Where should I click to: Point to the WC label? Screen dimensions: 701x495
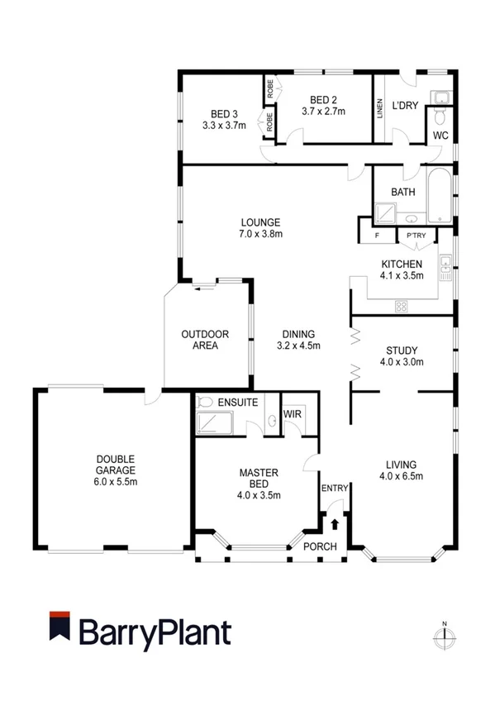pos(440,136)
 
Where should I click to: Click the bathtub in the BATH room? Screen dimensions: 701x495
pos(440,195)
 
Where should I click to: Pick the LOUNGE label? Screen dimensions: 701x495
pos(260,222)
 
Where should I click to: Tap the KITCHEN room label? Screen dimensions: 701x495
pos(402,264)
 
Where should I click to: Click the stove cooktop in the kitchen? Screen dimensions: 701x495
pos(402,307)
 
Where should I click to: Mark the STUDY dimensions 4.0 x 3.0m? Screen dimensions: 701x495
pos(402,361)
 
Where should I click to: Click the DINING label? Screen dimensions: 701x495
pos(298,335)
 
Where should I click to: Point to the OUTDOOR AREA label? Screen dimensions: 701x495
pos(205,340)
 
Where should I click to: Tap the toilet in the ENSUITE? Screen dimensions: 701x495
pos(206,402)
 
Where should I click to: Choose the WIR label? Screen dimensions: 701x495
pos(292,411)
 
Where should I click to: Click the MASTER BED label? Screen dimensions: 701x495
pos(259,479)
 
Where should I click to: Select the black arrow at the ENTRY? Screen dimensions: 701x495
pos(335,523)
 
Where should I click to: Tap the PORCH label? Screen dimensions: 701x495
pos(320,546)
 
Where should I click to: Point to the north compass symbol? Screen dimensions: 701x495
pos(445,637)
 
